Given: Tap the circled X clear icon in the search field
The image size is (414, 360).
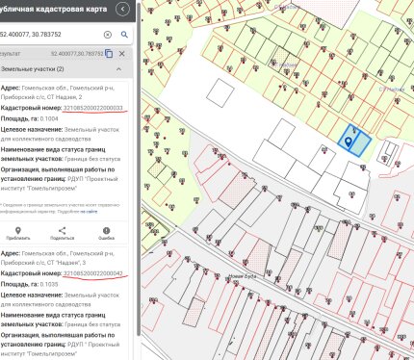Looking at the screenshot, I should pos(108,33).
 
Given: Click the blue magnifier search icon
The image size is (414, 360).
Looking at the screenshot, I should pos(124,33).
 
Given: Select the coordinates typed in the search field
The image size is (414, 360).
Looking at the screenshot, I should pos(48,33).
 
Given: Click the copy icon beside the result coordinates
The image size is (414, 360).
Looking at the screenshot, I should pos(109,53).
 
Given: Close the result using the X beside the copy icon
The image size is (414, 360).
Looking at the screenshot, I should pos(122,53).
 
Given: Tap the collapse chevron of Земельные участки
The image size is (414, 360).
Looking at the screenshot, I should pos(120,70).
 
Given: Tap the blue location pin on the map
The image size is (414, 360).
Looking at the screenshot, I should pos(349,142).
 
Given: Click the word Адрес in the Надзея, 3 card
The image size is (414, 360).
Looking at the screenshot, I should pos(13,253).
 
